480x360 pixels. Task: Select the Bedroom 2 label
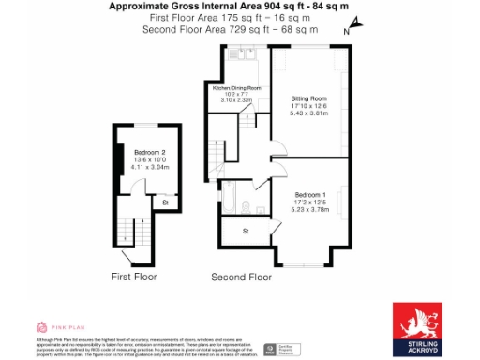point(150,153)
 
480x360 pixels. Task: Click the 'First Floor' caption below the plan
point(133,277)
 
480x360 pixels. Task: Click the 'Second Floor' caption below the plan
point(241,277)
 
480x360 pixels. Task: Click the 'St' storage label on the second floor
point(246,230)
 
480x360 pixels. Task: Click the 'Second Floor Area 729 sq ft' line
point(230,29)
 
